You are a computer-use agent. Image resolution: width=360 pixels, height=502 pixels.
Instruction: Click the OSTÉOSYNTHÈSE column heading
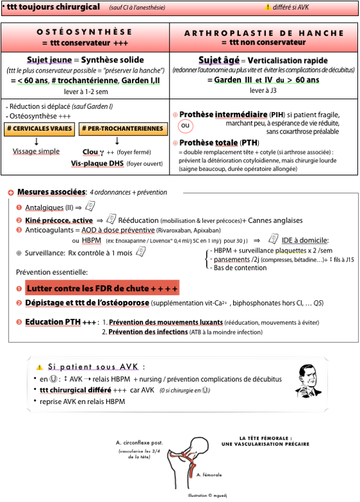click(84, 32)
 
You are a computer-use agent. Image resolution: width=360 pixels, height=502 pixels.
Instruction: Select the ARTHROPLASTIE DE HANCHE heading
click(264, 33)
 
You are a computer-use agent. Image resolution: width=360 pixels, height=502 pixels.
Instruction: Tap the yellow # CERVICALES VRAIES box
click(39, 129)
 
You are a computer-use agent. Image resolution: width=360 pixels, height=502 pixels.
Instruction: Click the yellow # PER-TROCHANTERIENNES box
click(123, 129)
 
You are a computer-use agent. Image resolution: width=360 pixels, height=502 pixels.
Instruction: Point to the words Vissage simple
click(36, 151)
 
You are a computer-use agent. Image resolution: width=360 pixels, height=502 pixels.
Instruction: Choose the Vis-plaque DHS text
click(97, 163)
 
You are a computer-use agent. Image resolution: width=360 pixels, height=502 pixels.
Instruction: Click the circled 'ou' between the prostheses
click(185, 126)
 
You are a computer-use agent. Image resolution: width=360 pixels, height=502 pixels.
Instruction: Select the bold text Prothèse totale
click(208, 142)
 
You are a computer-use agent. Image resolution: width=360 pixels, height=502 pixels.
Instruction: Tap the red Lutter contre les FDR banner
click(102, 288)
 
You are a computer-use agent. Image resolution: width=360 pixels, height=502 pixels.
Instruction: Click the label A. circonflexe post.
click(139, 443)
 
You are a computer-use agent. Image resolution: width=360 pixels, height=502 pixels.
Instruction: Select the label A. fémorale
click(209, 475)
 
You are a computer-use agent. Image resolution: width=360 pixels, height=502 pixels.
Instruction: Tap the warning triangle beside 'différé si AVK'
click(267, 6)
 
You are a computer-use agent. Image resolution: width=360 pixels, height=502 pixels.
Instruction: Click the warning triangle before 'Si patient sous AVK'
click(39, 367)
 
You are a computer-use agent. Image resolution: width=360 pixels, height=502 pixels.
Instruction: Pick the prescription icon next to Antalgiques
click(90, 206)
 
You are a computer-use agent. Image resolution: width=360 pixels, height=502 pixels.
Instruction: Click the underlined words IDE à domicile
click(305, 240)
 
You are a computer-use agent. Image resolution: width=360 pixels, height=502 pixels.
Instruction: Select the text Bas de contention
click(240, 267)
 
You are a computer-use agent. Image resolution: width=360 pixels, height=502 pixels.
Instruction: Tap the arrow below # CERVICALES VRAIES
click(37, 141)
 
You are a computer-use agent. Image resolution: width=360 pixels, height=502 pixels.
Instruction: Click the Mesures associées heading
click(52, 192)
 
